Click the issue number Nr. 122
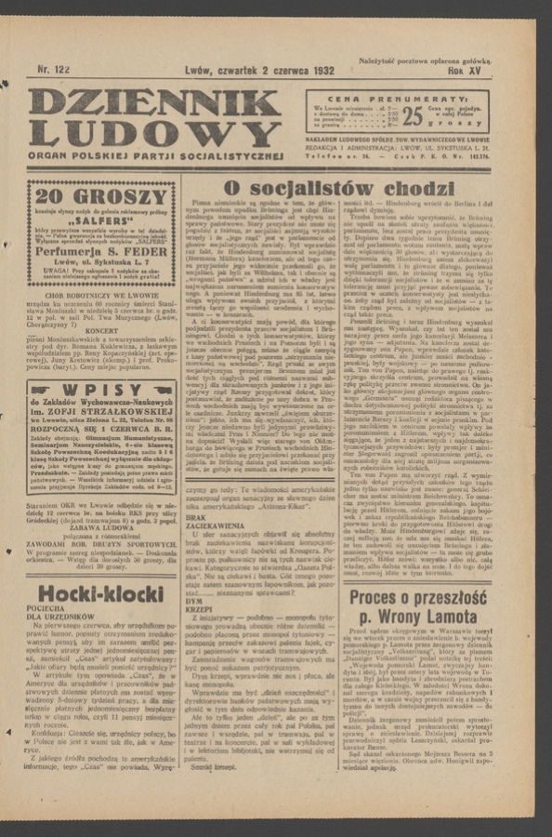55,70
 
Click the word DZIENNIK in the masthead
153,104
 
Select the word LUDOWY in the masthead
153,134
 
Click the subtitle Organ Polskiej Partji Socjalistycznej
154,155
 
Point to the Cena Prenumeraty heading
410,98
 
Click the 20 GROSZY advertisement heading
89,196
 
